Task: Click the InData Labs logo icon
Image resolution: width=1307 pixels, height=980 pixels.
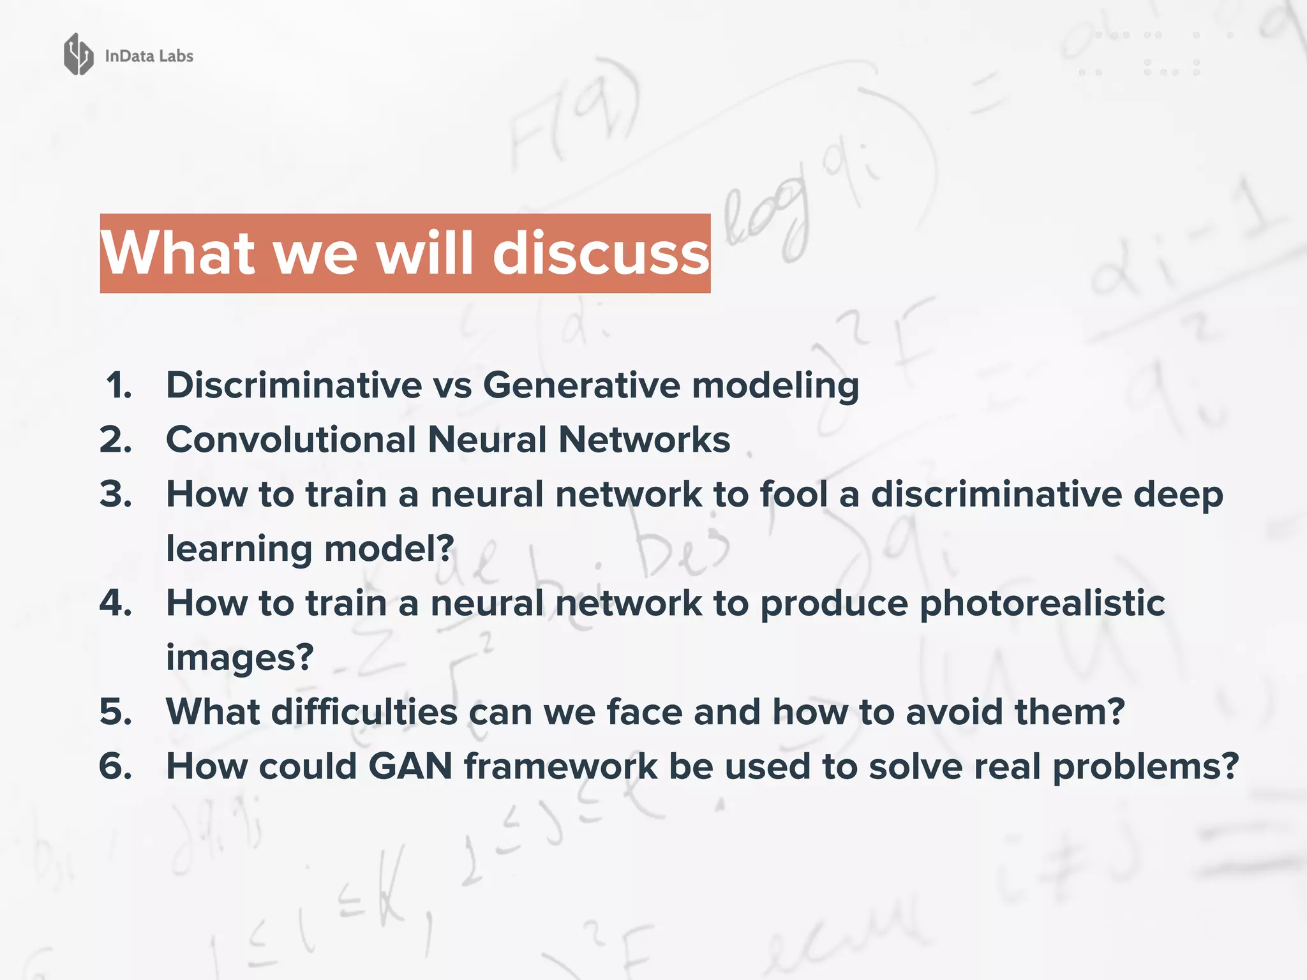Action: pyautogui.click(x=78, y=55)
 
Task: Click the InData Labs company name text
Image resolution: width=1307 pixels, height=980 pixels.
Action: pyautogui.click(x=149, y=56)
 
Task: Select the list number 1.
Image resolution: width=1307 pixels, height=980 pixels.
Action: pyautogui.click(x=119, y=385)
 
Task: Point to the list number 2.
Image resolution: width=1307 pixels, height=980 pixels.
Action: pyautogui.click(x=116, y=440)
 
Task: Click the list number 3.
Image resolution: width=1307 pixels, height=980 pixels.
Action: pyautogui.click(x=116, y=494)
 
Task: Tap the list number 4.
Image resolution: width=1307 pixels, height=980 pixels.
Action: pyautogui.click(x=116, y=602)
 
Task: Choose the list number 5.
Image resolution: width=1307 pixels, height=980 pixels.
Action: pyautogui.click(x=116, y=711)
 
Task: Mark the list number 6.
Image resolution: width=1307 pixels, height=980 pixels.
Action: pyautogui.click(x=116, y=766)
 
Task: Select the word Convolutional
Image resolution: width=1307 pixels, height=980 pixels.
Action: pyautogui.click(x=291, y=440)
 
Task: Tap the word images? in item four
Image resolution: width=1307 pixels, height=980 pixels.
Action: pyautogui.click(x=240, y=658)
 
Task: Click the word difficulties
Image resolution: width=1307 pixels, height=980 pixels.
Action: pyautogui.click(x=364, y=711)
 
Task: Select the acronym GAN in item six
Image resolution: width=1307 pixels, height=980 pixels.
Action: pyautogui.click(x=410, y=766)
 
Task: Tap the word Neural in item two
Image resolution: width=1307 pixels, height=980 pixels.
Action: pyautogui.click(x=488, y=440)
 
